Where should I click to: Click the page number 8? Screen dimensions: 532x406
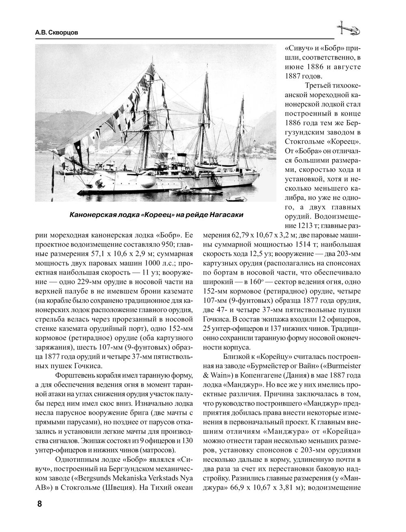click(x=39, y=504)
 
